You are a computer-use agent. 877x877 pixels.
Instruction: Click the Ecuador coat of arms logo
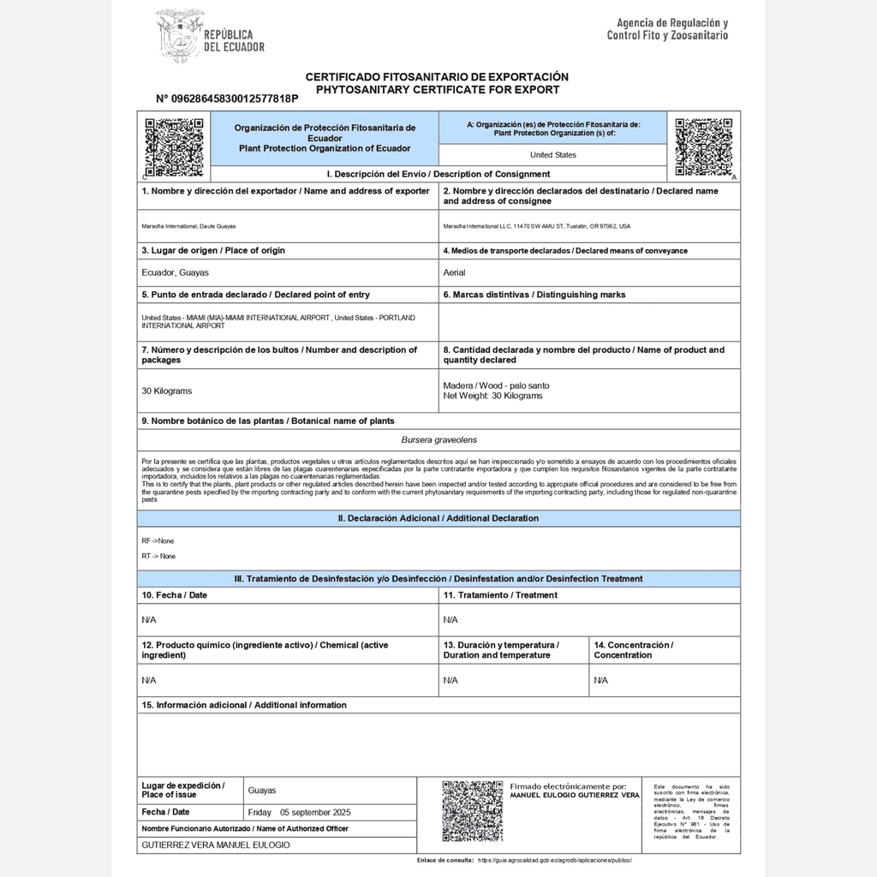tap(180, 36)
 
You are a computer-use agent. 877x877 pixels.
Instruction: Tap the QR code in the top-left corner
tap(174, 146)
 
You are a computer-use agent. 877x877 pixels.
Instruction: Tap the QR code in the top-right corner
tap(703, 146)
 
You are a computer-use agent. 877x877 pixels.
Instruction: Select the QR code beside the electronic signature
tap(472, 810)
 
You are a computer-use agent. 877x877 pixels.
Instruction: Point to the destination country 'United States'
tap(552, 155)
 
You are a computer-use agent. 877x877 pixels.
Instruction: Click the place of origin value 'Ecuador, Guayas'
tap(175, 272)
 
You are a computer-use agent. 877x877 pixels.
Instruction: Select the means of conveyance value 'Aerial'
tap(454, 272)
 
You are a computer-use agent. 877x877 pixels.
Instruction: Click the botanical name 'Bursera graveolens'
tap(438, 440)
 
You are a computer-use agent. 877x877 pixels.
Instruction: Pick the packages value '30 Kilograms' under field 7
tap(166, 391)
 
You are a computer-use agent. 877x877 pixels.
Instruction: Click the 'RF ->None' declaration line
tap(158, 541)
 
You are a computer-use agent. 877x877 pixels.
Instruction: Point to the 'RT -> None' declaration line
tap(158, 557)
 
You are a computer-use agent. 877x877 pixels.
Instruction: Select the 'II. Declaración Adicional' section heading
tap(438, 518)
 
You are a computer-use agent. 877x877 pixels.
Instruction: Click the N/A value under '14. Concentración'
tap(600, 680)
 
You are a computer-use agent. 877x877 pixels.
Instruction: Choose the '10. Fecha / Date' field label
tap(174, 594)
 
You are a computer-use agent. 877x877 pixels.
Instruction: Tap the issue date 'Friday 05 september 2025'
tap(299, 812)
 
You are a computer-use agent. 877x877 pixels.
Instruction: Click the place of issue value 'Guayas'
tap(261, 790)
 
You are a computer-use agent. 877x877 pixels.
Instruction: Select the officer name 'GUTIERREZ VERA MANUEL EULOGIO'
tap(215, 844)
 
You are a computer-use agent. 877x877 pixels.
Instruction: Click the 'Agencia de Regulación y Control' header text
tap(667, 29)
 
